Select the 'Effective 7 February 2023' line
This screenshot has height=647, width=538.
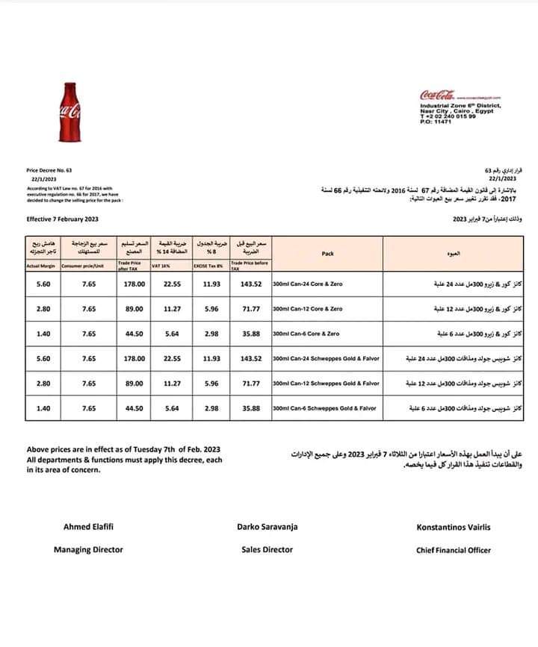[62, 219]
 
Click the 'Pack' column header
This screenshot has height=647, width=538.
[327, 254]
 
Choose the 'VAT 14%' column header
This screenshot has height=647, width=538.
[161, 266]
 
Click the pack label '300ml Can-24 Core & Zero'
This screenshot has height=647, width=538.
[308, 284]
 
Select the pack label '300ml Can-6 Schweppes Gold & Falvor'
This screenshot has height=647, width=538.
[326, 408]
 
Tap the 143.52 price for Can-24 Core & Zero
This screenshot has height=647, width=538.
[250, 284]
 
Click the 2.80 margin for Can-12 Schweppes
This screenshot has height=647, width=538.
[43, 384]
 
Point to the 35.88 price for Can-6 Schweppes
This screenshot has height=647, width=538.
[250, 408]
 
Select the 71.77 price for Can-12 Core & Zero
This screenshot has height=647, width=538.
[250, 309]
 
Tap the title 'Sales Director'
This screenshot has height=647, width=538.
[268, 550]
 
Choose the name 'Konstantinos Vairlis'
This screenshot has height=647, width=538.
[454, 527]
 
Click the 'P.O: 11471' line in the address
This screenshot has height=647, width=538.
[437, 121]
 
